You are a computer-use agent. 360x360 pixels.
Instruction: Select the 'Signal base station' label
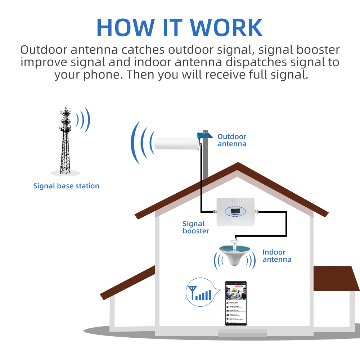coord(66,186)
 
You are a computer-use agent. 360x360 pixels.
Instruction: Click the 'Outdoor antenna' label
coord(232,140)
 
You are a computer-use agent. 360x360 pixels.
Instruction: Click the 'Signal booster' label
coord(195,228)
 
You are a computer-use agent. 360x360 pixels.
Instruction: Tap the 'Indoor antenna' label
coord(277,256)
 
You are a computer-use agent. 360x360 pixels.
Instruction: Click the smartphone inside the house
coord(236,303)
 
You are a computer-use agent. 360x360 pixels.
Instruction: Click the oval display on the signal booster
coord(235,211)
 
